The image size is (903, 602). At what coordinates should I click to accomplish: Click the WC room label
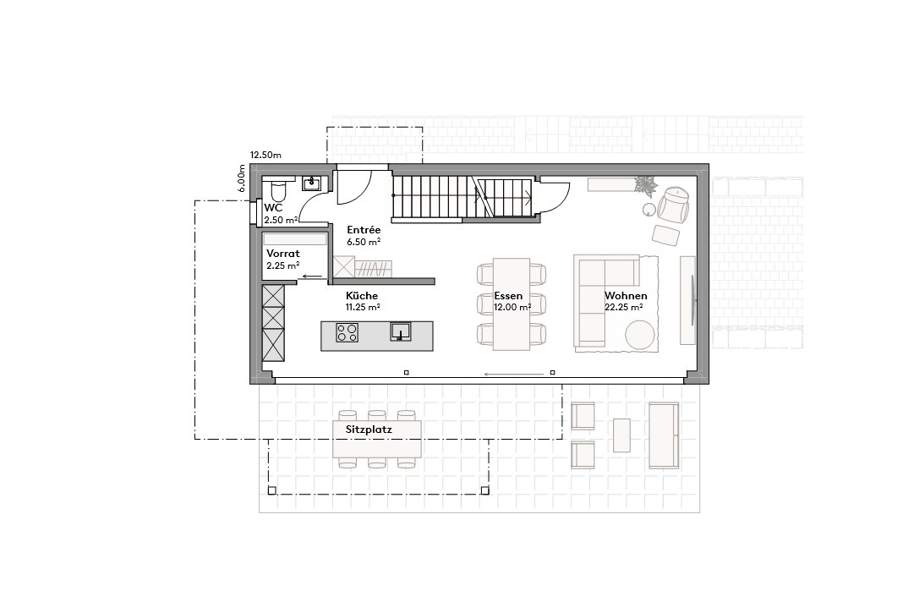pyautogui.click(x=273, y=207)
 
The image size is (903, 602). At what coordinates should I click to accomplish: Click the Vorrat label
pyautogui.click(x=283, y=253)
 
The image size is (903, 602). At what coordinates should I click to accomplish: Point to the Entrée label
pyautogui.click(x=364, y=229)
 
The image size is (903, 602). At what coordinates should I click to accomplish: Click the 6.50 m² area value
pyautogui.click(x=364, y=241)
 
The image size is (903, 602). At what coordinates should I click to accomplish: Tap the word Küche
pyautogui.click(x=361, y=296)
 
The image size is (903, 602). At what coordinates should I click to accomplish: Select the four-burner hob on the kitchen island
pyautogui.click(x=347, y=334)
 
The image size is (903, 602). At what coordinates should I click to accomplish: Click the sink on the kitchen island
pyautogui.click(x=400, y=331)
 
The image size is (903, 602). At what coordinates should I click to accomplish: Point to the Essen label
pyautogui.click(x=509, y=296)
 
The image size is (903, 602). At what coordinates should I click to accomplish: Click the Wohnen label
pyautogui.click(x=626, y=296)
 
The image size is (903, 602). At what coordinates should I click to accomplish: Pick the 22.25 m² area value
pyautogui.click(x=623, y=308)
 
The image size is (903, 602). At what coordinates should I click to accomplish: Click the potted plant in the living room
pyautogui.click(x=647, y=184)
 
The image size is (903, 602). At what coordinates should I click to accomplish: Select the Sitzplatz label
pyautogui.click(x=369, y=430)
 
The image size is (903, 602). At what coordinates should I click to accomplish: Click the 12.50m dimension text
pyautogui.click(x=265, y=156)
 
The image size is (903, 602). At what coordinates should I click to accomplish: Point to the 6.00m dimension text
pyautogui.click(x=243, y=178)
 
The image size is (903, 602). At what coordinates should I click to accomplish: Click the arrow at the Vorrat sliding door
pyautogui.click(x=312, y=276)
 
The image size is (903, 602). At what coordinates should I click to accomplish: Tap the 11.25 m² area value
pyautogui.click(x=362, y=308)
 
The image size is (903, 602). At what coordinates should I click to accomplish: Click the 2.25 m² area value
pyautogui.click(x=282, y=265)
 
